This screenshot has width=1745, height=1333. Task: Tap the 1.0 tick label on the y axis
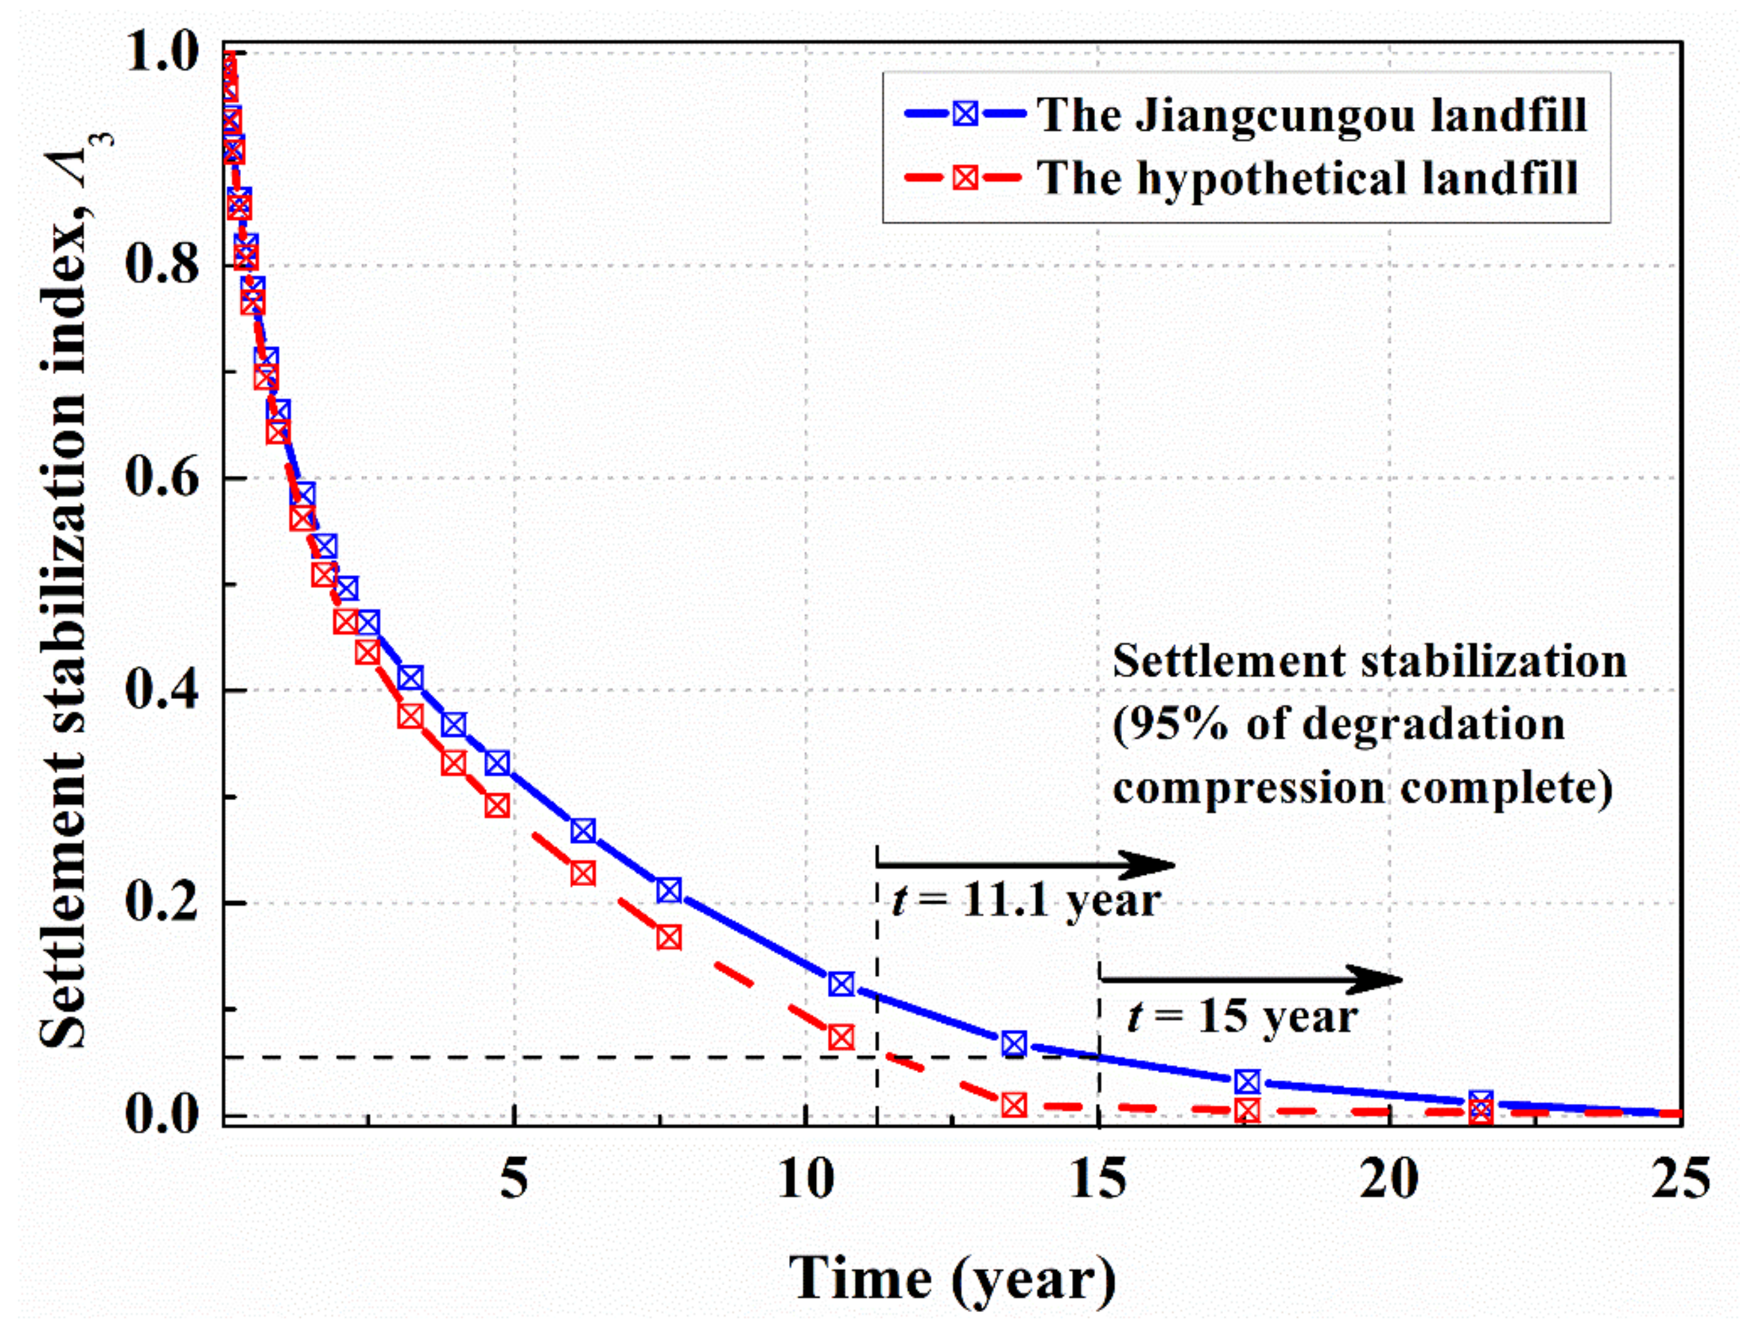162,54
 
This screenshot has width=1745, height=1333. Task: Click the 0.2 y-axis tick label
162,903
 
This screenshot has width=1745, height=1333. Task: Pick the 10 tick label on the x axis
806,1180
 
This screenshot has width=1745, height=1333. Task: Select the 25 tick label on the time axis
1680,1180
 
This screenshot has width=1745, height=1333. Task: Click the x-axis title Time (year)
952,1279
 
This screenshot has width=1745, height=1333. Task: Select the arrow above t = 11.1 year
1023,864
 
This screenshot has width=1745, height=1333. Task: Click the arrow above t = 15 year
1250,980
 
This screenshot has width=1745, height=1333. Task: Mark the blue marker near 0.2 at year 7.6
669,890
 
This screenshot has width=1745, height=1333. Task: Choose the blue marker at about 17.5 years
1247,1082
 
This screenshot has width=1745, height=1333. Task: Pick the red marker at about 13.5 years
1014,1105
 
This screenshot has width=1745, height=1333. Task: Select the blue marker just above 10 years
841,984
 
